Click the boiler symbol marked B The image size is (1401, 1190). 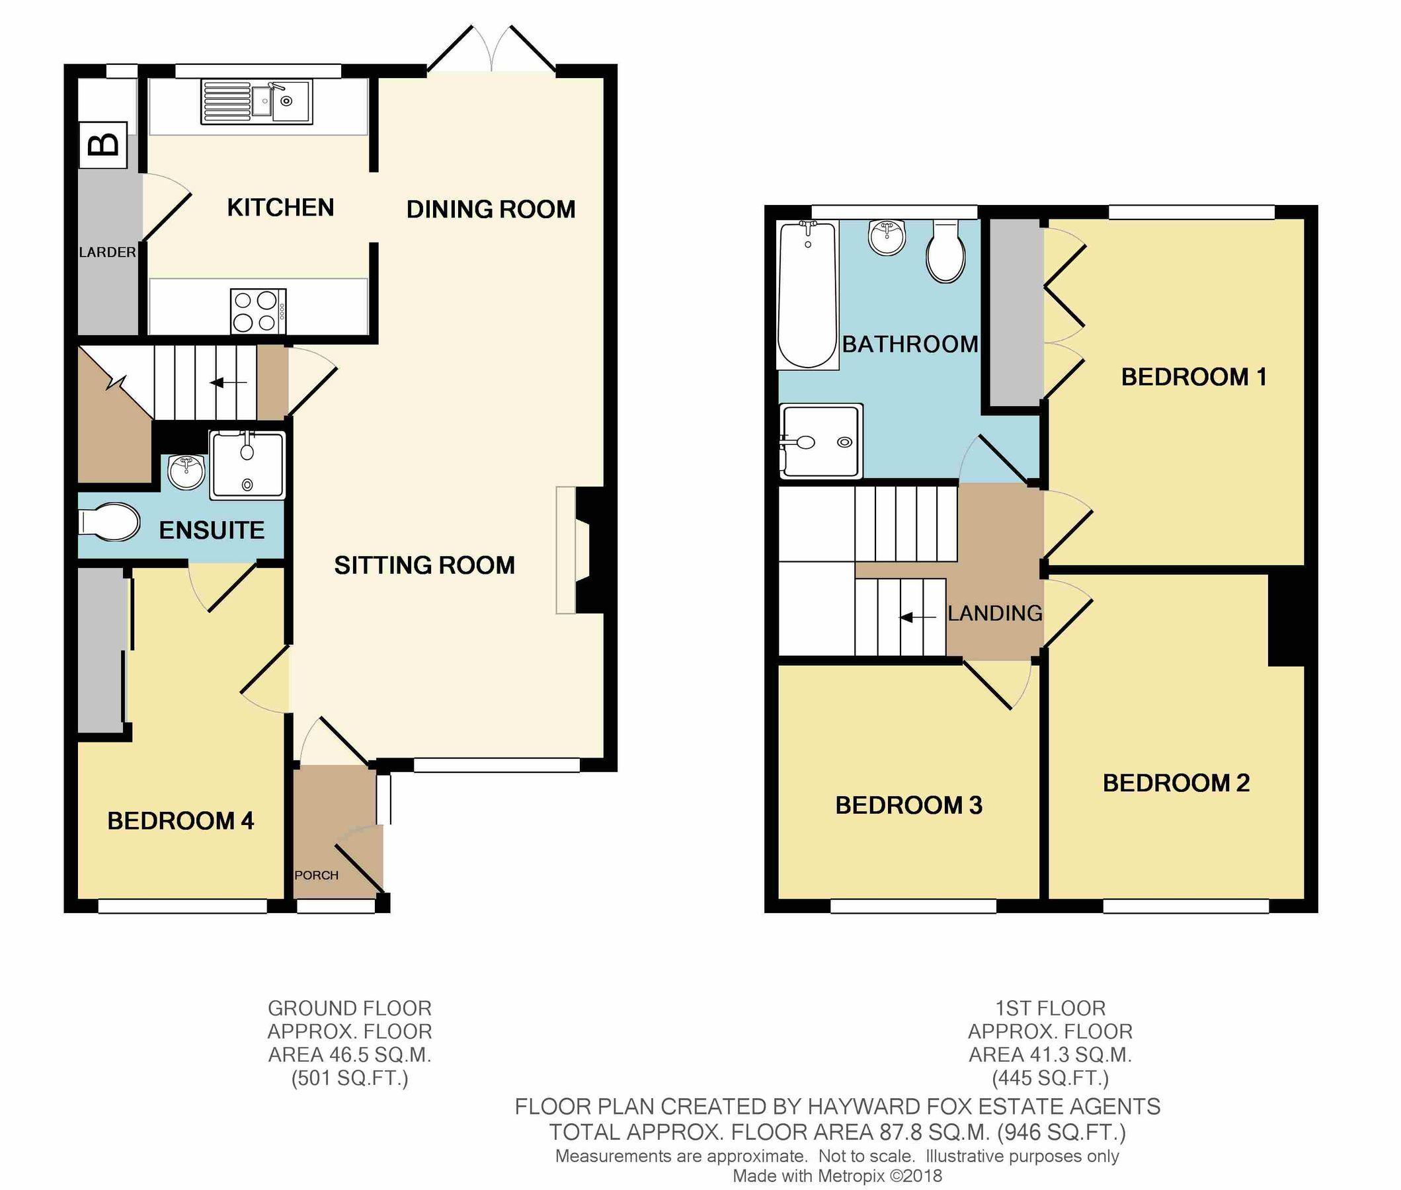[103, 145]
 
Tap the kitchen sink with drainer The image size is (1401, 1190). [257, 102]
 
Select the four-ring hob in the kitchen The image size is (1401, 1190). [258, 311]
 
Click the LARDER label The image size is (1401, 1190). [107, 253]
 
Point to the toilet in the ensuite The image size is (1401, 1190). [109, 522]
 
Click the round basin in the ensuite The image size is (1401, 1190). [186, 471]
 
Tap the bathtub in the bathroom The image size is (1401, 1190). [807, 295]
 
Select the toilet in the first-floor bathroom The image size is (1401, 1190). [945, 253]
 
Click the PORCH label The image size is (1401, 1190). [316, 875]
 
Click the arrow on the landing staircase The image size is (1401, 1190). [918, 617]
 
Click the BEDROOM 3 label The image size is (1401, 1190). [908, 805]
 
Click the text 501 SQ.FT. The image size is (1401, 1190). [349, 1079]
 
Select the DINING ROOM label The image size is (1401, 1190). [491, 209]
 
